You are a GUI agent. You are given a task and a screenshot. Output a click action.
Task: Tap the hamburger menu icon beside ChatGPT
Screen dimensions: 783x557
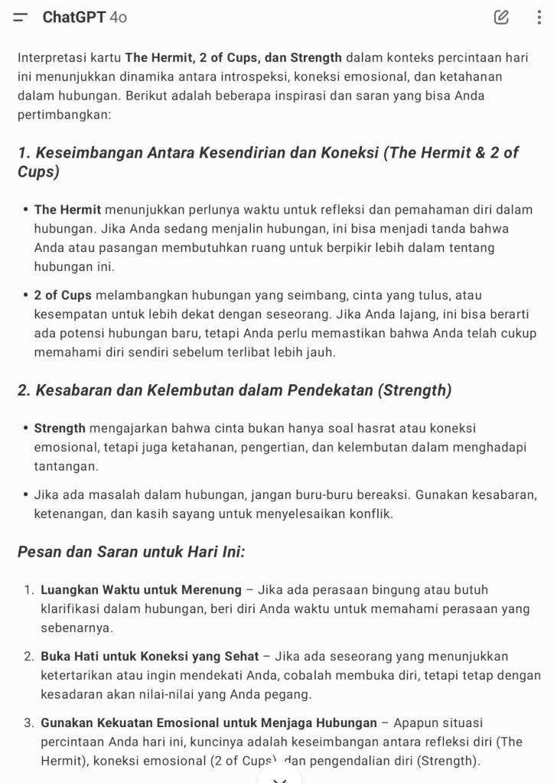pos(21,17)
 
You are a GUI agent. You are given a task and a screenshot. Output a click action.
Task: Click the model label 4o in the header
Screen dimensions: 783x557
pos(119,17)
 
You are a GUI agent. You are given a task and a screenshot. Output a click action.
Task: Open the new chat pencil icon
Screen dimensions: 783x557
pos(501,17)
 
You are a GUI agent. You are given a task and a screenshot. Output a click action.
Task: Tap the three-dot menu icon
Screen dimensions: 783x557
pos(539,17)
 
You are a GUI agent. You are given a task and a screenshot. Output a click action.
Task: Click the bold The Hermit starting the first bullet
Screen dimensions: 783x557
pos(67,210)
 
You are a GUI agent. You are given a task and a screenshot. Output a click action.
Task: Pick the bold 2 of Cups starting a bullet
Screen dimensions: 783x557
pos(63,295)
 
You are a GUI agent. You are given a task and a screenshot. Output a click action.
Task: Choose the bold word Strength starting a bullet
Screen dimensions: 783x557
pos(60,428)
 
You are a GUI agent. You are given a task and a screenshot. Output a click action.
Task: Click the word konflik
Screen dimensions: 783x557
pos(373,514)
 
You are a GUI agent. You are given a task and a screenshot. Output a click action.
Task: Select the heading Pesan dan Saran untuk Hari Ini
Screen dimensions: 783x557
pos(131,552)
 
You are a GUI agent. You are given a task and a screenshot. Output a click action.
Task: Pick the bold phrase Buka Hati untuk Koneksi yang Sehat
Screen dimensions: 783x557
pos(150,657)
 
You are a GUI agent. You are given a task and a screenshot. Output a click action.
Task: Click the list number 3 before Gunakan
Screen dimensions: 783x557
pos(28,723)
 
